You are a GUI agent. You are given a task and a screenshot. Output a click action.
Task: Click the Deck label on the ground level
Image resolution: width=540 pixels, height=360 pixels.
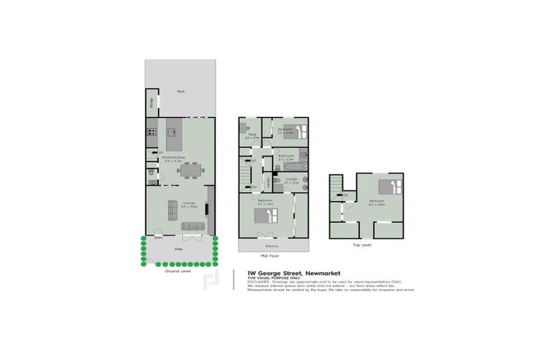point(181,91)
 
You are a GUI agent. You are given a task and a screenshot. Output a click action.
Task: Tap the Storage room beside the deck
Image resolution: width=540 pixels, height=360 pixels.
point(151,105)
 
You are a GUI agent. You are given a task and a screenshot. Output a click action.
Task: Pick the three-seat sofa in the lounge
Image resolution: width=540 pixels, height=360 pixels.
point(193,226)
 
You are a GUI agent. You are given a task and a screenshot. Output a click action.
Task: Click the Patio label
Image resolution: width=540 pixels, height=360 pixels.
point(179,249)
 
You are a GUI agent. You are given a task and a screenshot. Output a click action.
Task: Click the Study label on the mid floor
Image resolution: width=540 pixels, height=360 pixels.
point(252,135)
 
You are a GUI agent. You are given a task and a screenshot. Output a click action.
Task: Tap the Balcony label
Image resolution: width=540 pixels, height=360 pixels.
point(272,245)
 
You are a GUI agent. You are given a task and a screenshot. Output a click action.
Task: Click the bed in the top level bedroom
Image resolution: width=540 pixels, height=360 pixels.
point(389,188)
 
